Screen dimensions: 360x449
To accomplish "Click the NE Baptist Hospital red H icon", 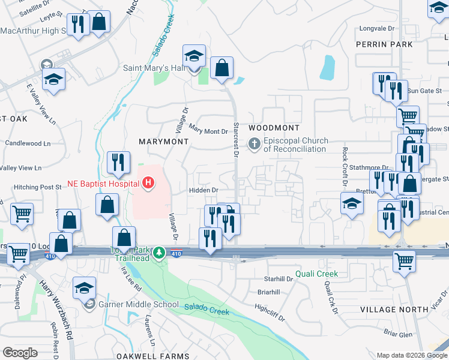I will [x=147, y=182].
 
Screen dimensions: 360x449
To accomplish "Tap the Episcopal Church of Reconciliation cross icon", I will [x=255, y=143].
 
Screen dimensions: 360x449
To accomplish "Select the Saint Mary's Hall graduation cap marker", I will [x=194, y=57].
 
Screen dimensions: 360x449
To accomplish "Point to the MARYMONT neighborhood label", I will [x=163, y=141].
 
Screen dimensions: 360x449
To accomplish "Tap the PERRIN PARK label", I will [x=393, y=44].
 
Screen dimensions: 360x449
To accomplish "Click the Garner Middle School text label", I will [x=137, y=304].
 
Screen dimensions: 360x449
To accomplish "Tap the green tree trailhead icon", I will [x=159, y=252].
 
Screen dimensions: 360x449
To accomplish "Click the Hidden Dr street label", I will [x=203, y=190].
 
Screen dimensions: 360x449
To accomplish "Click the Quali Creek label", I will [x=316, y=274].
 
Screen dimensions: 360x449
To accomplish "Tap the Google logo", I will [x=20, y=353].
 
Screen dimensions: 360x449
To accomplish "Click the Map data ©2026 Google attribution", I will [x=412, y=355].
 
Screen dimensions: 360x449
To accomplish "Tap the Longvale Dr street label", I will [x=376, y=28].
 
